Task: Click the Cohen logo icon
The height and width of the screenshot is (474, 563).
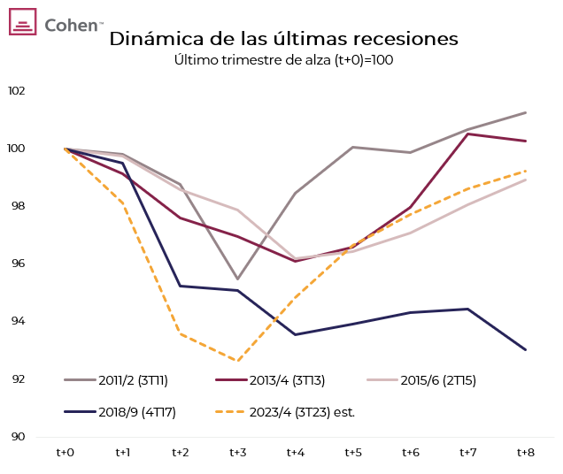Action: pos(22,21)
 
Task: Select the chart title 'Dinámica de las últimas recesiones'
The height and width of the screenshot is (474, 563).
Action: pos(283,40)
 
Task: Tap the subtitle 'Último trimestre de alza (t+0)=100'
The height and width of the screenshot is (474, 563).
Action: pos(283,60)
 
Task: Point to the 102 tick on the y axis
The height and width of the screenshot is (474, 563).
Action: pos(17,91)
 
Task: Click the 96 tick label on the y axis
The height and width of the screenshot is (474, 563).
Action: pos(18,264)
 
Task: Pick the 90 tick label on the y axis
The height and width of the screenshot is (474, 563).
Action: pos(18,437)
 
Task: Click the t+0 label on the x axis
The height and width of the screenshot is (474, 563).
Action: pos(66,453)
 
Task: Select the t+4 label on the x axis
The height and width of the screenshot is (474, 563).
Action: pos(296,453)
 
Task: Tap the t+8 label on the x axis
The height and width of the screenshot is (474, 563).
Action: pos(526,453)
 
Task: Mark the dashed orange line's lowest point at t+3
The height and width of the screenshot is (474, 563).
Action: pos(238,361)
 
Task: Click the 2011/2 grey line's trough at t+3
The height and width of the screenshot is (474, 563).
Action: pos(238,279)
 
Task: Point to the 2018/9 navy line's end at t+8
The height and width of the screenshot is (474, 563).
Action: pos(526,349)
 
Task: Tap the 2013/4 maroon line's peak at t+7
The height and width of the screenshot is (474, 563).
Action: pos(468,134)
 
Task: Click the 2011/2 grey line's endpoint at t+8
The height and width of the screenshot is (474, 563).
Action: pos(526,112)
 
